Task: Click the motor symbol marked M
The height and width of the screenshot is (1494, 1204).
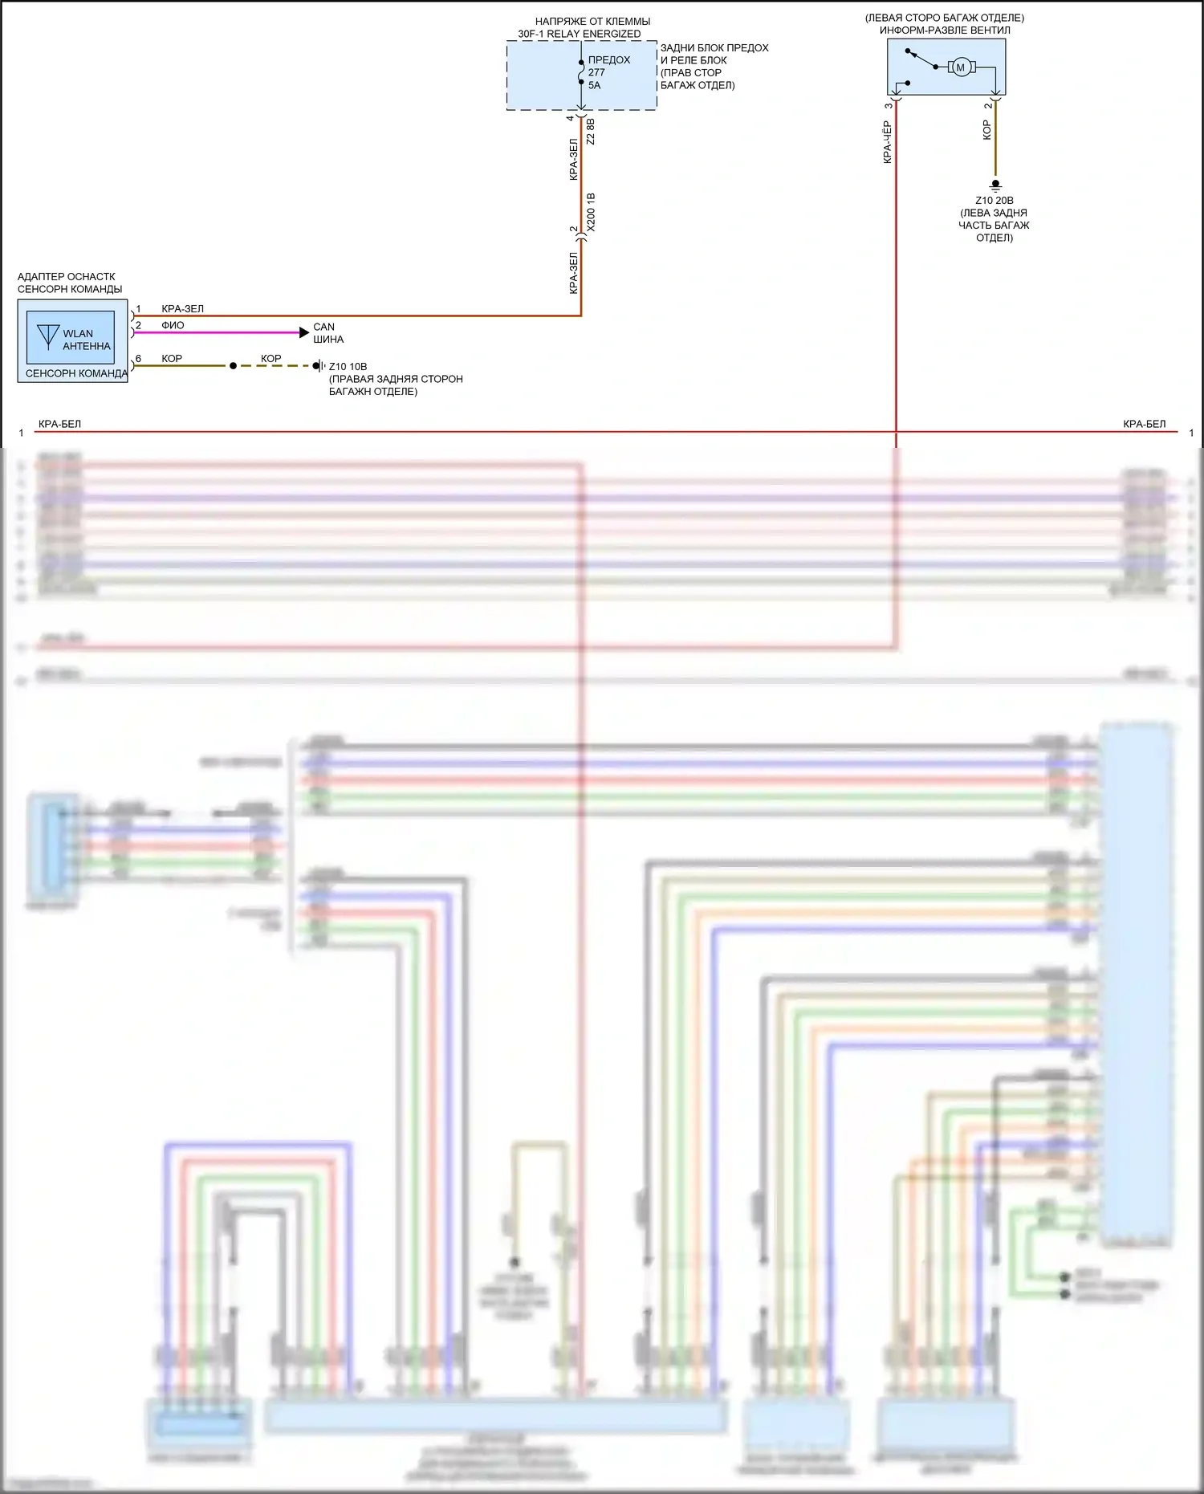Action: [960, 67]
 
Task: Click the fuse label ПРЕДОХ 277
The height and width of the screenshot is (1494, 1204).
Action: [608, 66]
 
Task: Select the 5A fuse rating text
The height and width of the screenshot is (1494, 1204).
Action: [594, 85]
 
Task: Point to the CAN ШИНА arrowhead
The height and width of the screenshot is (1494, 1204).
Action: [304, 332]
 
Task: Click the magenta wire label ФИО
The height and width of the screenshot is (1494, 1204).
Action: [173, 325]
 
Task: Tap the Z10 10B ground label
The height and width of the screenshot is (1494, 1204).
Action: [348, 367]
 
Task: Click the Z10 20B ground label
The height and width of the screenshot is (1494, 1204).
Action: [995, 201]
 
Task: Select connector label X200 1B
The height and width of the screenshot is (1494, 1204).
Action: [592, 213]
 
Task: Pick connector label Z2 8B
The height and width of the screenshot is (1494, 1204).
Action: [591, 132]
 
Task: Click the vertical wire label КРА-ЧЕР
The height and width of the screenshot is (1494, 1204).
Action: [887, 142]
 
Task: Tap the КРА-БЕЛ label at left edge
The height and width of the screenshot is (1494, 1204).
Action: [59, 424]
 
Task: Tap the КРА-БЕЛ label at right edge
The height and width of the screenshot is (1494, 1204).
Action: [1144, 424]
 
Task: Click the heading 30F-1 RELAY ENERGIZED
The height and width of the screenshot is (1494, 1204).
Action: [579, 34]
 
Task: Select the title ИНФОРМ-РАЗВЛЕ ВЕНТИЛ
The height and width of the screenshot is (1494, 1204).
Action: [945, 31]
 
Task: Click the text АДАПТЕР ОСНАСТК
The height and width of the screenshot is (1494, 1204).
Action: [67, 277]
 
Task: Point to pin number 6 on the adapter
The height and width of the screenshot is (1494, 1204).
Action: [138, 359]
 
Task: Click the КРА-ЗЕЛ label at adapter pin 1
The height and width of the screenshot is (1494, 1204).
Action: [182, 309]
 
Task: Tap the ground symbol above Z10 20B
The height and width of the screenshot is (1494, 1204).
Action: [996, 185]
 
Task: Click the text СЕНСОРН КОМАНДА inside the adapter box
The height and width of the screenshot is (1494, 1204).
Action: [76, 373]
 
